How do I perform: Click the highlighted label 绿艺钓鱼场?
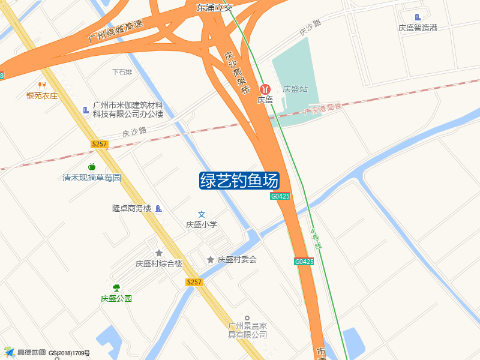click(239, 181)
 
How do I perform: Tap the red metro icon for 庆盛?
click(265, 89)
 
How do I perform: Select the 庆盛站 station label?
click(295, 89)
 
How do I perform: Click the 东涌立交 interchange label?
click(214, 8)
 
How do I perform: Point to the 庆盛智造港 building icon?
click(418, 17)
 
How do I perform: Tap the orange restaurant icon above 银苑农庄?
click(42, 85)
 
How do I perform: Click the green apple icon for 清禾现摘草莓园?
click(92, 167)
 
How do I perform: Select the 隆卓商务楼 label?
click(131, 208)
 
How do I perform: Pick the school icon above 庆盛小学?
click(202, 214)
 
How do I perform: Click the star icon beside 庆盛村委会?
click(211, 259)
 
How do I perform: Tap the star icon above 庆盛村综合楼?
click(158, 253)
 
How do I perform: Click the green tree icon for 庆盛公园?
click(116, 288)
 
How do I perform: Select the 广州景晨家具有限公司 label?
click(247, 330)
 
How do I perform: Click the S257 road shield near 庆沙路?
click(100, 144)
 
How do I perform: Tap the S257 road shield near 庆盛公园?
click(194, 282)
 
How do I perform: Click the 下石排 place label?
click(122, 72)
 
